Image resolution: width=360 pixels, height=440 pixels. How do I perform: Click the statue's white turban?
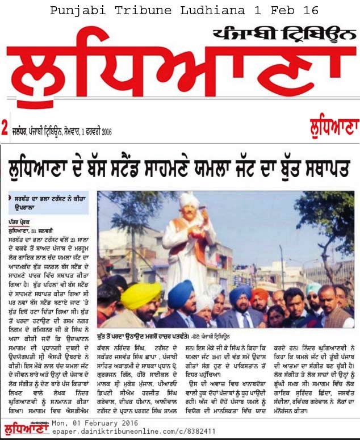[189, 199]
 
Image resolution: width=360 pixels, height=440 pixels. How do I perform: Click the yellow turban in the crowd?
[141, 295]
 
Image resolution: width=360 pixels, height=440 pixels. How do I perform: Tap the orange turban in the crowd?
[260, 294]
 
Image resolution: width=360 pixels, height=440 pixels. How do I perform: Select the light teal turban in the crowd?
[313, 289]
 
